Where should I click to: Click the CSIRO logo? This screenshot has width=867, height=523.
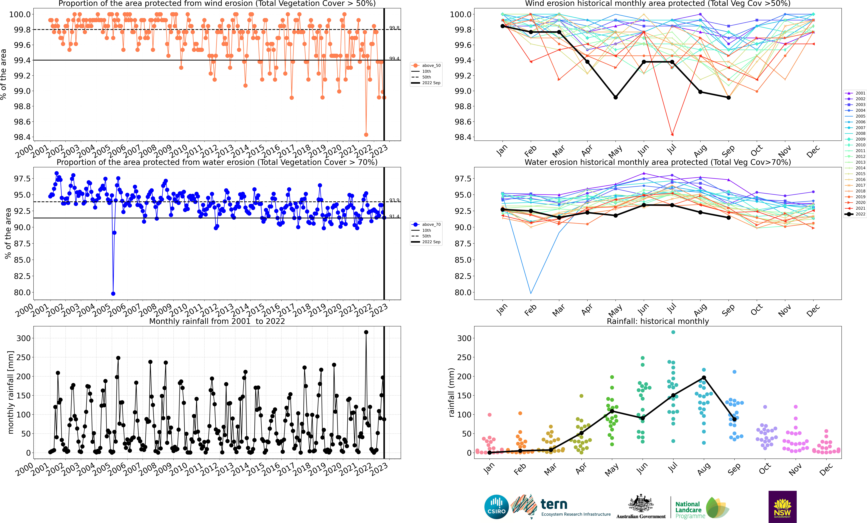[x=496, y=507]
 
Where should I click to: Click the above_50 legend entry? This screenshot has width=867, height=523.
[x=426, y=65]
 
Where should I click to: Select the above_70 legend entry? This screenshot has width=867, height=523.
[x=426, y=224]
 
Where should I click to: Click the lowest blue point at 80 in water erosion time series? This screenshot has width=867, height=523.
[x=113, y=294]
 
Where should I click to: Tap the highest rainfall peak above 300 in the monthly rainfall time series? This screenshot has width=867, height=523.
[x=366, y=332]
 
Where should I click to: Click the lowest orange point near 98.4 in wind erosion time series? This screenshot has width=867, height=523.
[x=366, y=135]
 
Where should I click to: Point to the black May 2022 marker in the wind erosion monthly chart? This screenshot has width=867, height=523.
[x=615, y=97]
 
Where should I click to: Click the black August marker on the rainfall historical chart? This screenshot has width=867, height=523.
[x=704, y=378]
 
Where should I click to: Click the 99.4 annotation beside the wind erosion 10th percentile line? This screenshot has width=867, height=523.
[x=394, y=58]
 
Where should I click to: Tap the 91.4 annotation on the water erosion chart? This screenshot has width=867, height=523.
[x=394, y=216]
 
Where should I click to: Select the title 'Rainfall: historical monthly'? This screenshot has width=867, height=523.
[x=658, y=321]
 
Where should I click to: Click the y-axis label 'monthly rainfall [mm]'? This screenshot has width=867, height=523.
[x=11, y=392]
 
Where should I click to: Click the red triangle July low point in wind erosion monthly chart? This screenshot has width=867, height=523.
[x=672, y=135]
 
